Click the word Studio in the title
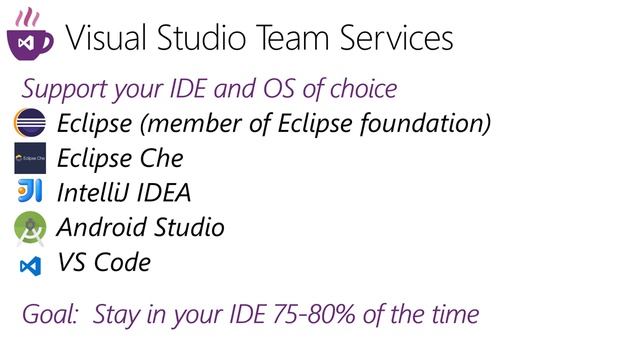[197, 37]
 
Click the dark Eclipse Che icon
[30, 158]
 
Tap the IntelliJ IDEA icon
[30, 192]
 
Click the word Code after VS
[123, 263]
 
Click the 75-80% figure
[320, 315]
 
